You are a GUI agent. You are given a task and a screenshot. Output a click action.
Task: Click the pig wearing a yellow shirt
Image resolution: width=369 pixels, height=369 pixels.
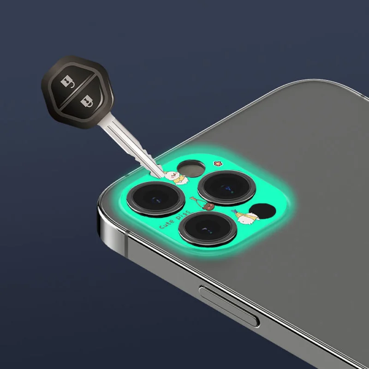point(175,178)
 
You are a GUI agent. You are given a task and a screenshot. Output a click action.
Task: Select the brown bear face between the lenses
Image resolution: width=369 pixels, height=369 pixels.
point(208,206)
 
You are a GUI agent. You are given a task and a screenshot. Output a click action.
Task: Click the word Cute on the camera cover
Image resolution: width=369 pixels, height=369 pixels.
point(167,224)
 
